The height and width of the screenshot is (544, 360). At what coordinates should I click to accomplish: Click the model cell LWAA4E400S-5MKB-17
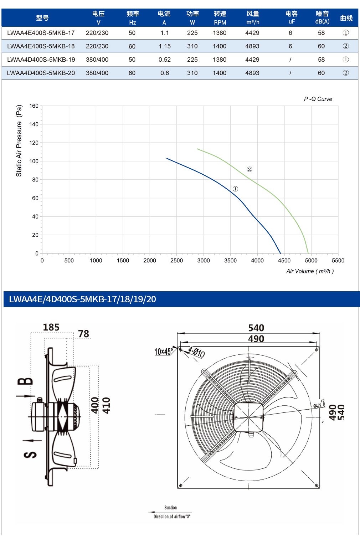point(41,33)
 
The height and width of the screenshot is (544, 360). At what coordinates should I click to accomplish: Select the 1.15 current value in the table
point(165,46)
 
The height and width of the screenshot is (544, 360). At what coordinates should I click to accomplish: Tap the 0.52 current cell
point(165,60)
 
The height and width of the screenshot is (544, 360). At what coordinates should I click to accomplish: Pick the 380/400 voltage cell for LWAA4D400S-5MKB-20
point(97,73)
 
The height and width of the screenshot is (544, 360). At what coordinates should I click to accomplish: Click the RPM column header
point(220,22)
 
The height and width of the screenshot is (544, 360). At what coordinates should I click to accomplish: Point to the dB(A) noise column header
point(322,22)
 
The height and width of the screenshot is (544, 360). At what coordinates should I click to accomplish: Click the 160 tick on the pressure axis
point(34,106)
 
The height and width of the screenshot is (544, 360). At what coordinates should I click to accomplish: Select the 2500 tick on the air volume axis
point(176,261)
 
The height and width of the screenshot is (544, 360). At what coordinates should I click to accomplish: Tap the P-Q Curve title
point(318,99)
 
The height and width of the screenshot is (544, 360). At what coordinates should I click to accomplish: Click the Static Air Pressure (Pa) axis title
point(19,140)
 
